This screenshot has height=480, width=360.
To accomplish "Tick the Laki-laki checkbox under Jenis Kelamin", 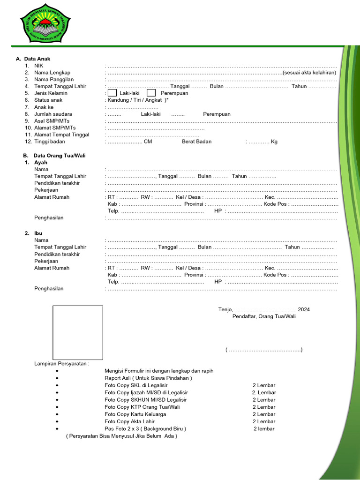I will (x=112, y=93).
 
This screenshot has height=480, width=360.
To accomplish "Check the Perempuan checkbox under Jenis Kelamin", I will (x=151, y=93).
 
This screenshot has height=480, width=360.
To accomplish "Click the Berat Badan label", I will (x=197, y=142).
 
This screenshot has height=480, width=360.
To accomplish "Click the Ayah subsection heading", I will (x=41, y=162).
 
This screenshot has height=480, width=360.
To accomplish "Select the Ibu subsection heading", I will (x=38, y=233).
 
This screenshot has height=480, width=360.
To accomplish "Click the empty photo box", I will (x=78, y=333).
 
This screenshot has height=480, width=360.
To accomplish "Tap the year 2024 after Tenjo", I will (x=304, y=309).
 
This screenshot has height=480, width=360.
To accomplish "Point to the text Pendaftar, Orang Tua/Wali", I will (x=264, y=316).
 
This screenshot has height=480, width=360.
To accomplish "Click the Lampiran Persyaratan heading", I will (x=61, y=363).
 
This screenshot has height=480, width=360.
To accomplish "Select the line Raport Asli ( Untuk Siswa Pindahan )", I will (x=148, y=378).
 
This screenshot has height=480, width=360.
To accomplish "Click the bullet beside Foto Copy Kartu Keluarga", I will (x=57, y=414).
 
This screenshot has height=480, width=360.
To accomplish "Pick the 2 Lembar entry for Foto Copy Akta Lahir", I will (x=264, y=421).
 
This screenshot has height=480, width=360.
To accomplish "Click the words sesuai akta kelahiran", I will (x=309, y=73).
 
